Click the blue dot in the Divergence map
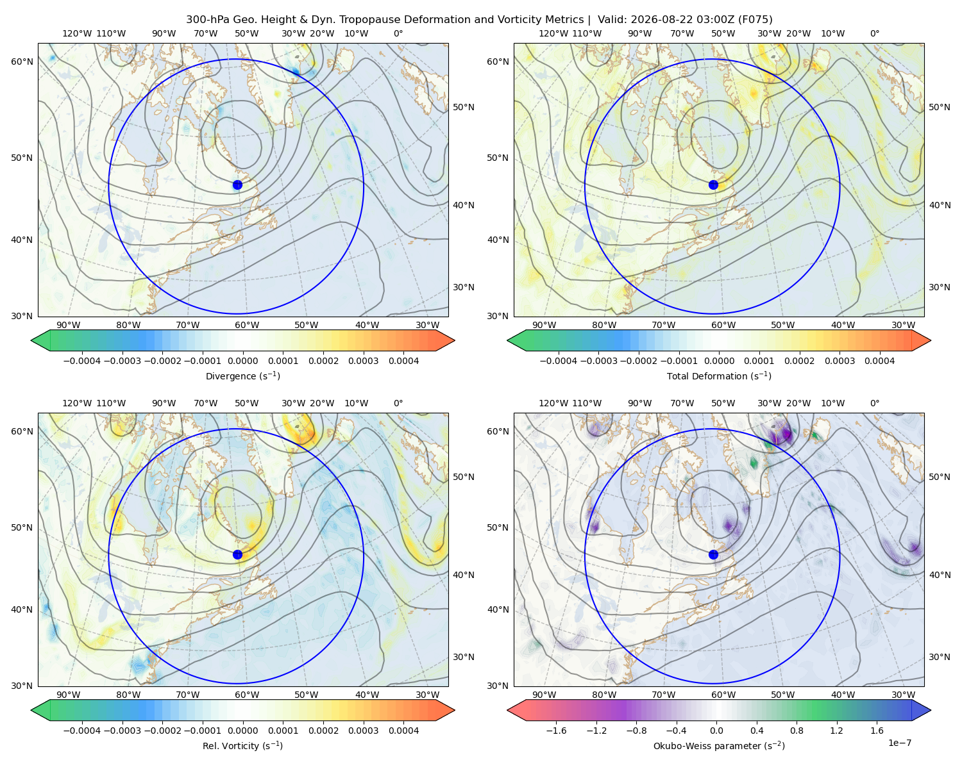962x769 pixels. point(237,185)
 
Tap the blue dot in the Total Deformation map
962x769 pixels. point(713,185)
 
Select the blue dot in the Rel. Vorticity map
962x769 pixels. point(237,554)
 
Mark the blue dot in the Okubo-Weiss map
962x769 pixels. point(713,554)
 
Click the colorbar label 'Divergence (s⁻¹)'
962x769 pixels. point(242,376)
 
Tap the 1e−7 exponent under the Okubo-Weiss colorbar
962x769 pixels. point(899,743)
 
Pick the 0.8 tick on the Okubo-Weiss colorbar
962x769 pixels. point(797,731)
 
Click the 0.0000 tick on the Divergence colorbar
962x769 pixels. point(242,361)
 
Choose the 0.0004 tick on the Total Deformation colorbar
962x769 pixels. point(879,361)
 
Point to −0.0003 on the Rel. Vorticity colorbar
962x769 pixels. point(122,731)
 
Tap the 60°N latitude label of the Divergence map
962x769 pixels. point(22,62)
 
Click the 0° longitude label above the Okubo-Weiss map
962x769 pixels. point(874,403)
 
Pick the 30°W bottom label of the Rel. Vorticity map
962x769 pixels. point(427,695)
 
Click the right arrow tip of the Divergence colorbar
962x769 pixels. point(455,340)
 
